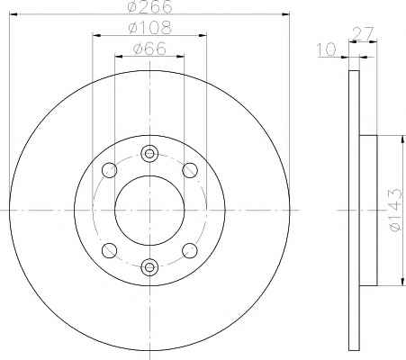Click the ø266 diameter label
coord(149,6)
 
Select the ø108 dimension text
coord(149,28)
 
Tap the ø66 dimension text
coord(149,49)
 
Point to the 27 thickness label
coord(364,33)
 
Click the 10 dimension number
coord(327,49)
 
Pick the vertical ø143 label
coord(395,210)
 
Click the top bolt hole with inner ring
coord(149,154)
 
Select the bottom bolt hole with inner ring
coord(149,267)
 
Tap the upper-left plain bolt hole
coord(109,170)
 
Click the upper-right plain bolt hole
coord(190,170)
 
